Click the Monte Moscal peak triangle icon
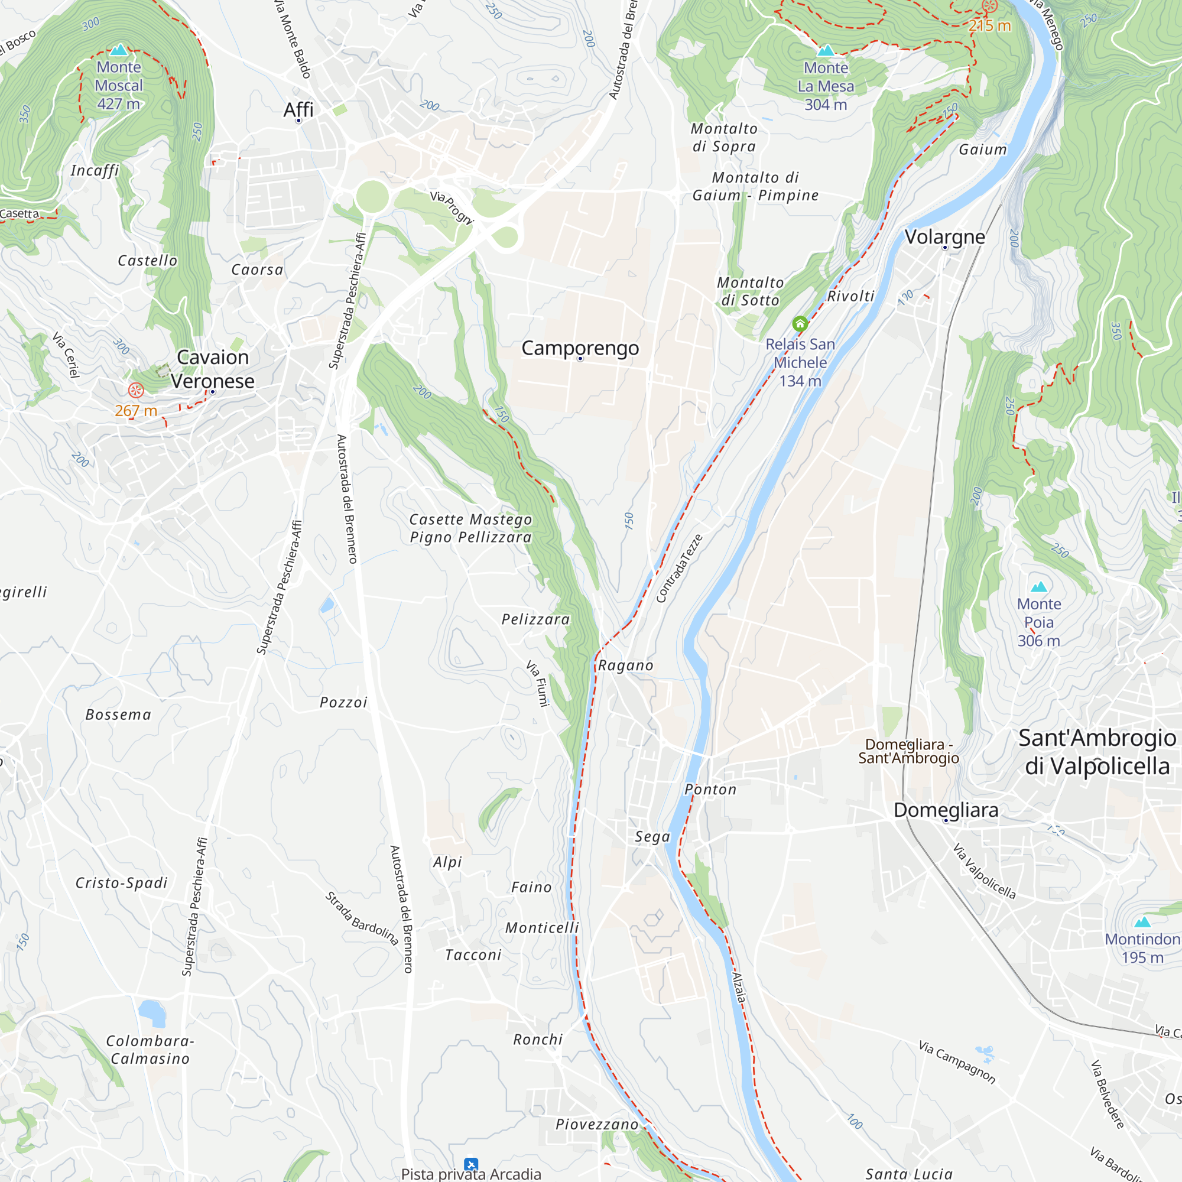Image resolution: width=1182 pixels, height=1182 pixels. coord(119,50)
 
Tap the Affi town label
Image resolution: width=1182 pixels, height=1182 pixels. coord(298,110)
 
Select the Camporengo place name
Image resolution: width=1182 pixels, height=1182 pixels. coord(579,348)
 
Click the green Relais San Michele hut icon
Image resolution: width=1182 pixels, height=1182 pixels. coord(800,324)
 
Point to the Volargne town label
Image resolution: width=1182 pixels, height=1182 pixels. coord(944,237)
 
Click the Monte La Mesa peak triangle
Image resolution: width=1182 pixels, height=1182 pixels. coord(825,50)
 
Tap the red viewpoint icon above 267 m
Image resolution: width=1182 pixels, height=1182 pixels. coord(136,389)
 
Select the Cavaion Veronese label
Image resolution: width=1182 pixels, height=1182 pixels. coord(212,369)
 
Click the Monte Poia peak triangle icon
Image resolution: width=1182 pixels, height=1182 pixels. coord(1038,587)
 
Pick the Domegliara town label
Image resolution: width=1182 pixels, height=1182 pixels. coord(945,810)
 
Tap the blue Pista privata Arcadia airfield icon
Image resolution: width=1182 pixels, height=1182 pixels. coord(470,1164)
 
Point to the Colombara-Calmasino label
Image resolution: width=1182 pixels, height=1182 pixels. coord(150,1049)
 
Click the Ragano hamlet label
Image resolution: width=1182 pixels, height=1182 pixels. coord(625,665)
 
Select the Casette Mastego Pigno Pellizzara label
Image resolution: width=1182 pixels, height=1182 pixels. coord(470,528)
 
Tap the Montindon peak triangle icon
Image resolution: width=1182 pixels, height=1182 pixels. coord(1142,922)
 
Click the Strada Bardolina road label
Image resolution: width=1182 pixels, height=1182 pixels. coord(362,918)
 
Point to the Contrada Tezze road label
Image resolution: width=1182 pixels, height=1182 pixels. coord(678,568)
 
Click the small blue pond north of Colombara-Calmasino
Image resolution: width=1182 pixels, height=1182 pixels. coord(152,1012)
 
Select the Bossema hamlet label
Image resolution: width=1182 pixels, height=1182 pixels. coord(118,715)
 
